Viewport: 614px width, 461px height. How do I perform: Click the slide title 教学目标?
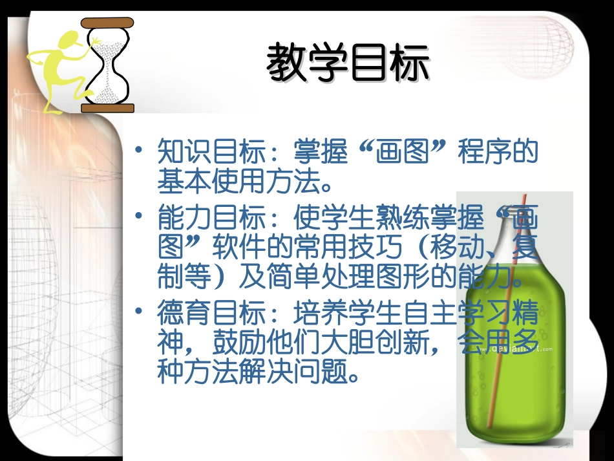[348, 63]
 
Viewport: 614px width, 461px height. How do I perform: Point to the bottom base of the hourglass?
[108, 107]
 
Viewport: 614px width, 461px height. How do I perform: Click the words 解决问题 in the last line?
[293, 372]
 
